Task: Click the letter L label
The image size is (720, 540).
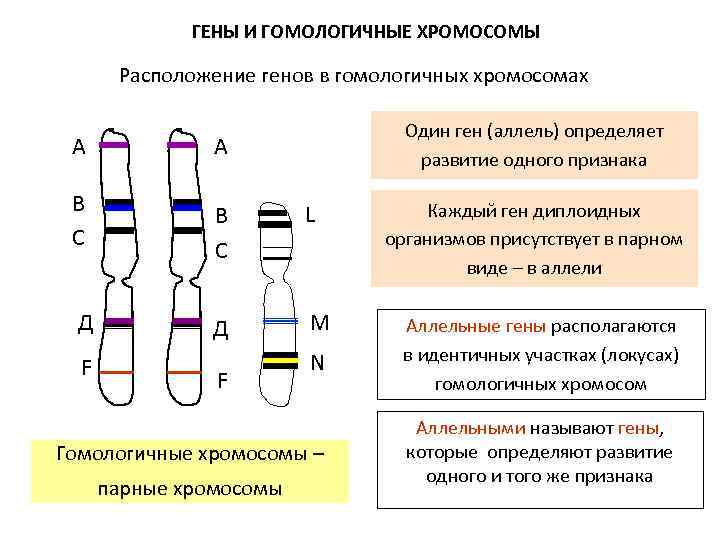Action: [x=311, y=215]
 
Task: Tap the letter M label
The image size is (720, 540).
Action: [x=319, y=322]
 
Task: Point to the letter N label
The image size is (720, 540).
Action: [x=316, y=361]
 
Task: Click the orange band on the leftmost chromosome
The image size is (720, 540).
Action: [x=118, y=371]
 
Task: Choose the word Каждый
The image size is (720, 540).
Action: [x=456, y=212]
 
